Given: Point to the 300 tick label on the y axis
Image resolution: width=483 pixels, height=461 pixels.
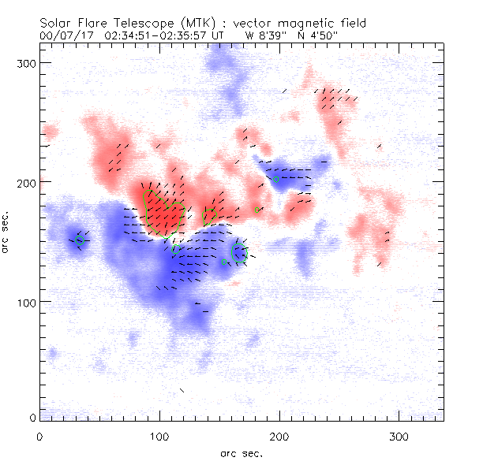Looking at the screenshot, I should click(x=28, y=62).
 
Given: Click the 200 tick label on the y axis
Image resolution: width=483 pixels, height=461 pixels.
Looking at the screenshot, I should click(x=28, y=182).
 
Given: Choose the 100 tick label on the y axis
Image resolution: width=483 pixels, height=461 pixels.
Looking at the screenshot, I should click(x=28, y=302).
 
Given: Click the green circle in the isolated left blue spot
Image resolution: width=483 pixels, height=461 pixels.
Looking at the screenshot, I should click(x=79, y=240).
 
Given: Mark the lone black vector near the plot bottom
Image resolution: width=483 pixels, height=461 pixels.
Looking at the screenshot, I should click(x=182, y=390).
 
